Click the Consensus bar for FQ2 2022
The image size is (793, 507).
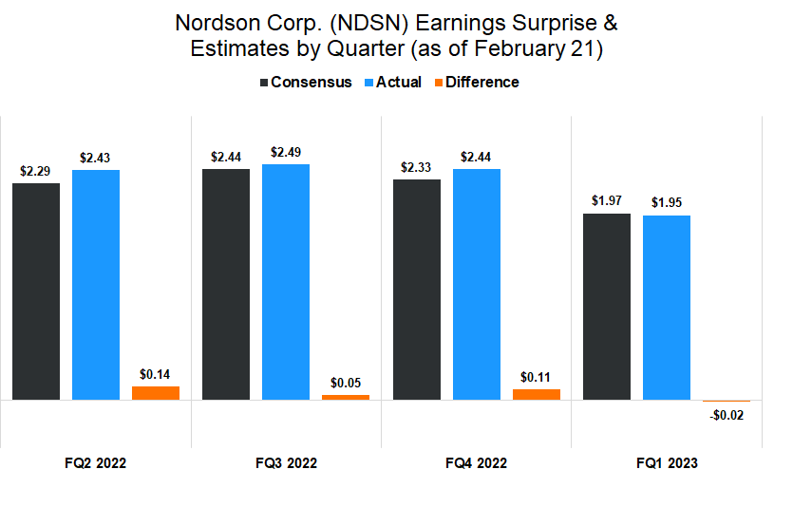(x=36, y=291)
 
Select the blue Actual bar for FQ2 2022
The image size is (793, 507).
(x=96, y=285)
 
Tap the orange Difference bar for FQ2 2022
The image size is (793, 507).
(x=156, y=392)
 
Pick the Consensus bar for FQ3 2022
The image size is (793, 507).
(x=226, y=284)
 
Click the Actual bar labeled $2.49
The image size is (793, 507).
(x=286, y=281)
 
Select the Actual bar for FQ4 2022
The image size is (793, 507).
(x=477, y=284)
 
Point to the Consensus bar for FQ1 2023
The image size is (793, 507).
(x=607, y=307)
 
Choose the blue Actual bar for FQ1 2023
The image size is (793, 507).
(x=667, y=308)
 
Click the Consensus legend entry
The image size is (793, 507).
(x=305, y=83)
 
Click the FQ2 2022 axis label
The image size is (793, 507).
(x=95, y=463)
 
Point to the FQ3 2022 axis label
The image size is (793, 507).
(x=286, y=463)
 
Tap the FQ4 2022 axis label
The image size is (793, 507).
(x=476, y=463)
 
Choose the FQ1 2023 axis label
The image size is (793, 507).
(x=667, y=463)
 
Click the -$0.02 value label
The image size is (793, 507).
(x=727, y=415)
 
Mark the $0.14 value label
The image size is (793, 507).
(x=156, y=374)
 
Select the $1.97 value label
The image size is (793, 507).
(x=607, y=200)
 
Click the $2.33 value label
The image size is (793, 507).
(x=417, y=166)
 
